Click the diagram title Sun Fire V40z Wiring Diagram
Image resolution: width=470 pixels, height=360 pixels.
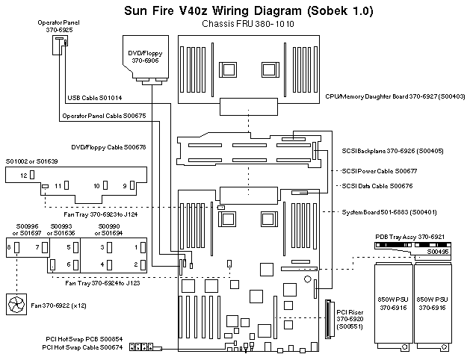(x=237, y=11)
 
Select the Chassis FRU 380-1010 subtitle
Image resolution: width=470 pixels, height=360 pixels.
(x=238, y=24)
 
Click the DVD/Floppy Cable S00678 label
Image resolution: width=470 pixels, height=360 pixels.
(x=108, y=148)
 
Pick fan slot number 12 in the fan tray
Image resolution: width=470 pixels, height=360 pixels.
(x=24, y=175)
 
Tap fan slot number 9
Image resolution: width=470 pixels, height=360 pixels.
(x=125, y=184)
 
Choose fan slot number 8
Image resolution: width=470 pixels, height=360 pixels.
(x=9, y=246)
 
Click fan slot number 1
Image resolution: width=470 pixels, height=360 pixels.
(x=136, y=246)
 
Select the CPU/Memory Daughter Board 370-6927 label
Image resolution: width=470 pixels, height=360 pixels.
(x=395, y=96)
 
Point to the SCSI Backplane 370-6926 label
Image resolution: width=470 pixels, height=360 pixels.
(x=392, y=152)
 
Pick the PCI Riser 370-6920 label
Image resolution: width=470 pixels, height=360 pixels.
(x=349, y=318)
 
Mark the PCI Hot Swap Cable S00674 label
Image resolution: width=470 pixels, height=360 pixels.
(x=82, y=348)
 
